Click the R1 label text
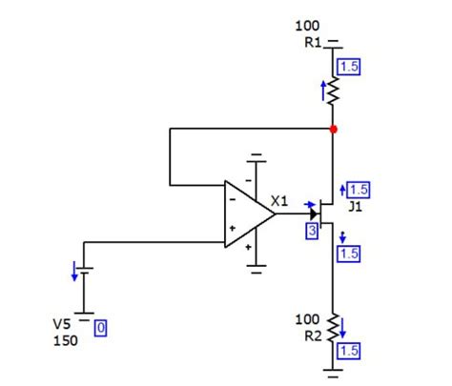[x=314, y=42]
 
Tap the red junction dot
[x=333, y=128]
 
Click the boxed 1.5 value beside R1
[x=349, y=67]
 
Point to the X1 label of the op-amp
[x=279, y=200]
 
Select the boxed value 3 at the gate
[x=312, y=230]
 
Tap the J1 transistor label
[x=355, y=205]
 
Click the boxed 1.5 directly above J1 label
[x=360, y=189]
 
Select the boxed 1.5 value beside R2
[x=349, y=351]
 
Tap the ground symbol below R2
[x=333, y=367]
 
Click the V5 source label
[x=62, y=324]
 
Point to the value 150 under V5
[x=65, y=339]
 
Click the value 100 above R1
[x=308, y=26]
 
